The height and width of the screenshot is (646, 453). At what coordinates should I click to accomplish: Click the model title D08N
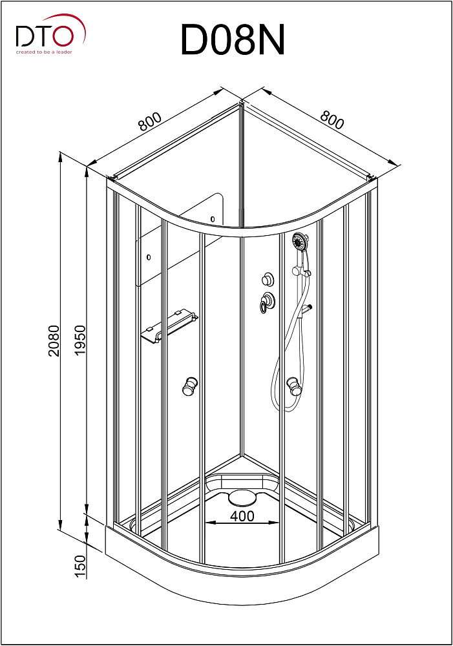(233, 40)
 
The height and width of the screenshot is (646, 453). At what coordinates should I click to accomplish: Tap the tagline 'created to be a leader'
(44, 52)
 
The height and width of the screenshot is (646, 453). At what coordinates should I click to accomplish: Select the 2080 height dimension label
(54, 340)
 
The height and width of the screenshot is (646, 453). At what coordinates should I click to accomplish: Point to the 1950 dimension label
(79, 340)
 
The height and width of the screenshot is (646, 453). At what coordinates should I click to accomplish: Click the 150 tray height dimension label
(80, 567)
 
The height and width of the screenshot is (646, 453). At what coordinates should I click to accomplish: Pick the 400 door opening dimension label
(242, 516)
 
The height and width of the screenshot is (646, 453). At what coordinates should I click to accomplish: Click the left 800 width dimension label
(150, 121)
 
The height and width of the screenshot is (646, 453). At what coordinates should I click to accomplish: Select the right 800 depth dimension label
(332, 120)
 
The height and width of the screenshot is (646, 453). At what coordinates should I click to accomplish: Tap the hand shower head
(300, 242)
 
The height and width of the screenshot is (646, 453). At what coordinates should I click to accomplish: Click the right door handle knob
(294, 386)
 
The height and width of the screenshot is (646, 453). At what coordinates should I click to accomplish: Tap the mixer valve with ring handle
(267, 302)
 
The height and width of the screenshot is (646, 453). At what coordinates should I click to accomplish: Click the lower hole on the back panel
(149, 258)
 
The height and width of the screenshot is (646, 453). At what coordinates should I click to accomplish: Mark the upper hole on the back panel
(213, 219)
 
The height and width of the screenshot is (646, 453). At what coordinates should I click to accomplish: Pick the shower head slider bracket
(301, 272)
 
